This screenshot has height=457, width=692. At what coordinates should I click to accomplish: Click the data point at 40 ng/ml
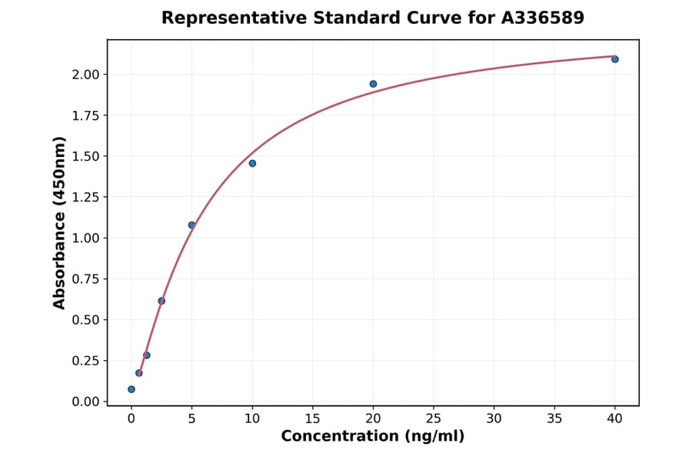[x=615, y=59]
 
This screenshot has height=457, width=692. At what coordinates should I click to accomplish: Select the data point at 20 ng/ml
[x=373, y=84]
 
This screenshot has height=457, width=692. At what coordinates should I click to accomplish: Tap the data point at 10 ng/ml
[x=252, y=163]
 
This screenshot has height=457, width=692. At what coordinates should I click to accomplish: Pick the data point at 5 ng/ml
[x=191, y=225]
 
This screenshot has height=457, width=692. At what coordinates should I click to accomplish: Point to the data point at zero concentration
[x=131, y=389]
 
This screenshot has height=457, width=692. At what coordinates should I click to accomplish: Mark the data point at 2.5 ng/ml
[x=161, y=301]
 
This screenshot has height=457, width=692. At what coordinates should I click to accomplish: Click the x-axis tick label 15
[x=312, y=419]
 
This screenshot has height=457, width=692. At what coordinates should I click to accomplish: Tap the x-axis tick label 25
[x=434, y=419]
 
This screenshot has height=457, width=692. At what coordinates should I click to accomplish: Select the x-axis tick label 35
[x=554, y=419]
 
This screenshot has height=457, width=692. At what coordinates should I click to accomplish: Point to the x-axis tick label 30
[x=494, y=419]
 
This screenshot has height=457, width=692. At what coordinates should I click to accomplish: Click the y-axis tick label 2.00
[x=86, y=75]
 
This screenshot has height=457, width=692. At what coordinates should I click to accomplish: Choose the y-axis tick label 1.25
[x=86, y=198]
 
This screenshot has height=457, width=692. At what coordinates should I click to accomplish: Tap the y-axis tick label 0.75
[x=86, y=279]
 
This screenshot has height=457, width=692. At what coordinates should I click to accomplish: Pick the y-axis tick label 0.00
[x=86, y=402]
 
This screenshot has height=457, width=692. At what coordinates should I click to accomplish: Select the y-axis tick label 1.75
[x=86, y=115]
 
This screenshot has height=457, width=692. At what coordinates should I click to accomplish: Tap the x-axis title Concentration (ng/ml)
[x=373, y=437]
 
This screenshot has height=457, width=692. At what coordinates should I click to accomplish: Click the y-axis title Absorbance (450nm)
[x=60, y=223]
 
